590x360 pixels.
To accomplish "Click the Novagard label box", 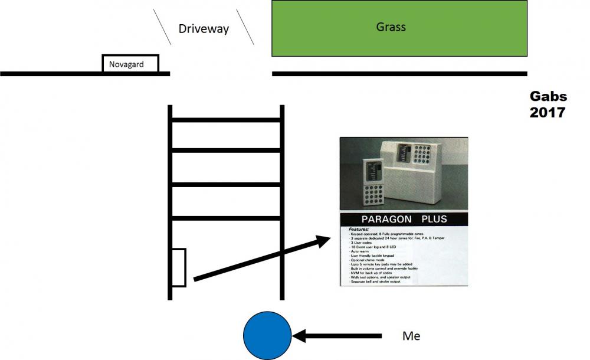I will [130, 64].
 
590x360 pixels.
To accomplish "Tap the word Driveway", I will [204, 28].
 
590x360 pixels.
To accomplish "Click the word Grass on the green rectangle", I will [391, 27].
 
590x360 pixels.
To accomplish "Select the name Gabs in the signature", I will [548, 97].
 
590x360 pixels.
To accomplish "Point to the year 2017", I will [548, 112].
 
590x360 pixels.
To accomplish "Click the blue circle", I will [267, 336].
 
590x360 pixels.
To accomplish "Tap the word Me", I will [411, 336].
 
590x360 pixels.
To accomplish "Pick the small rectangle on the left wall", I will [179, 268].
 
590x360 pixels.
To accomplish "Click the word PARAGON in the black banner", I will [383, 219].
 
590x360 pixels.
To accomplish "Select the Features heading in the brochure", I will [358, 229].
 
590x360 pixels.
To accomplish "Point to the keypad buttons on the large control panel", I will [426, 156].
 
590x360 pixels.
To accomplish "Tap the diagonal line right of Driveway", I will [245, 27].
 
